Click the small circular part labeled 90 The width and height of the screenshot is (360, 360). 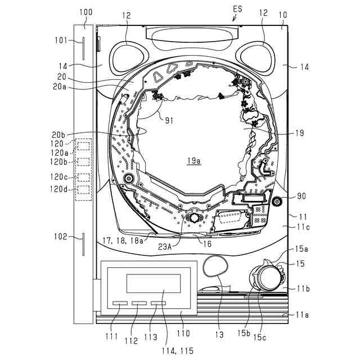point(276,201)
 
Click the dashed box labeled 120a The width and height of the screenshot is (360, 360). point(84,147)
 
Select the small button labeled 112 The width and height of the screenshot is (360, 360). point(139,303)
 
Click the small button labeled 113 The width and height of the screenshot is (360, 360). point(158,303)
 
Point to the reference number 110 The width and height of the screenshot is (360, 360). point(183,333)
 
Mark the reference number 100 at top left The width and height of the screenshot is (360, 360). point(86,11)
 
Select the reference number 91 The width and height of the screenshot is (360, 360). point(166,119)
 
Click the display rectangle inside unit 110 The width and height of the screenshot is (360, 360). point(153,283)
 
